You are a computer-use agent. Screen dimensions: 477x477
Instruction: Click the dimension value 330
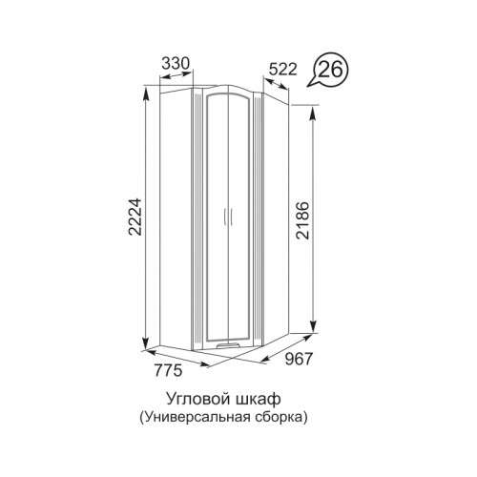tap(176, 64)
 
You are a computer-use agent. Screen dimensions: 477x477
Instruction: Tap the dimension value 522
tap(282, 70)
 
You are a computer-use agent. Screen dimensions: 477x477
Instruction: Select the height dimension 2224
tap(135, 217)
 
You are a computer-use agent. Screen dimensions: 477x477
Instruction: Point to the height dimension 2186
tap(302, 220)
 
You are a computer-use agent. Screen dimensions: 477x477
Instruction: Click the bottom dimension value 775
tap(169, 370)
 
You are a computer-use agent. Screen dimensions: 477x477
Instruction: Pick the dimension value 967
tap(299, 359)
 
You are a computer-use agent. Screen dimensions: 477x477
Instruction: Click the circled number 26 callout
tap(330, 70)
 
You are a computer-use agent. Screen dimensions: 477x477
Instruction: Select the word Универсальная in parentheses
tap(197, 417)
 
